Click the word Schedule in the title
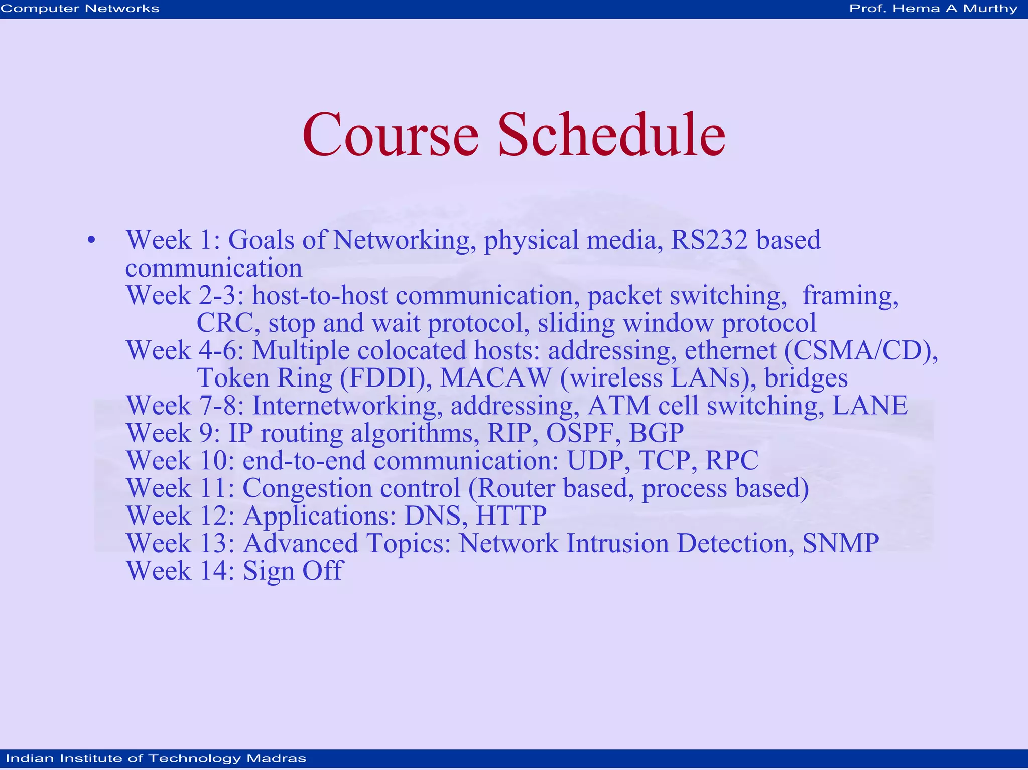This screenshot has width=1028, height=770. [x=611, y=135]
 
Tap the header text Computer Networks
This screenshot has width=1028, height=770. [x=80, y=9]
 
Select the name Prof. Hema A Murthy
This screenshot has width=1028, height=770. [x=933, y=9]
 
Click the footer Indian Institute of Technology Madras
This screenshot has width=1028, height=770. [x=156, y=758]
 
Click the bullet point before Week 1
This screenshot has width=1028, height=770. [x=91, y=240]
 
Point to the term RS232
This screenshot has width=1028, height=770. [x=709, y=240]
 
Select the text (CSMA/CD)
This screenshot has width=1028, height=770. [x=860, y=350]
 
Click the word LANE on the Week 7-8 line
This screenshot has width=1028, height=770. [x=869, y=406]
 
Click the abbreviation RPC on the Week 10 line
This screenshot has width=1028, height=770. [x=731, y=461]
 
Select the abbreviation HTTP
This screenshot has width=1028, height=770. [x=511, y=516]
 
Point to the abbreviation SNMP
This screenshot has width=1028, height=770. [x=840, y=544]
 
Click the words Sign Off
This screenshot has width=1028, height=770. [x=293, y=571]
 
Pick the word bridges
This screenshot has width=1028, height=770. [x=806, y=378]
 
